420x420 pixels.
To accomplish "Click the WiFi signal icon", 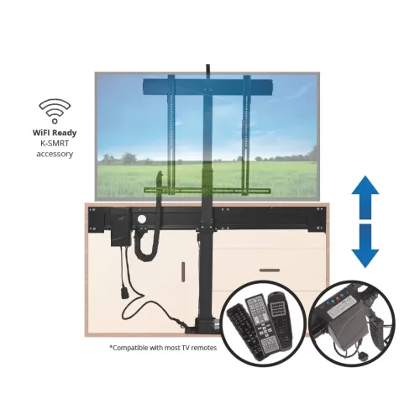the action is pos(55,111).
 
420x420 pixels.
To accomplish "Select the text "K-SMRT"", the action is pos(55,143).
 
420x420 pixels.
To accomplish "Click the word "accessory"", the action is pos(55,154).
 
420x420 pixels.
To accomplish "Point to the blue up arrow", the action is pos(365,197).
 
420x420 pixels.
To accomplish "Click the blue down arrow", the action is pos(365,246).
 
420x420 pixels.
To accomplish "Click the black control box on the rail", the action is pos(121,227).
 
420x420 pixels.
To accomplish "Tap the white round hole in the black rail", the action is pos(142,219).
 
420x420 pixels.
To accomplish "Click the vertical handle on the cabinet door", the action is pos(183,271).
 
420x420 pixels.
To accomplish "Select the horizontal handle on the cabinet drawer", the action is pos(270,270).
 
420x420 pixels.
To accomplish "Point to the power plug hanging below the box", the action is pos(124,292).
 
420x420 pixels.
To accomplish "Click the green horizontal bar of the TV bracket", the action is pos(207,191).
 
